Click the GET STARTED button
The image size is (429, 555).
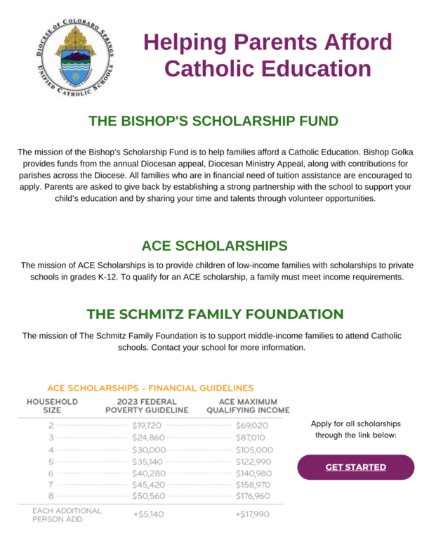[x=355, y=467]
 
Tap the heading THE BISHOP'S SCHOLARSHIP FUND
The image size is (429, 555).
[x=213, y=121]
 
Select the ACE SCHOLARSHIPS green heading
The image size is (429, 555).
[x=214, y=245]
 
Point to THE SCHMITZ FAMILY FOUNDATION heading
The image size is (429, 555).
[x=214, y=313]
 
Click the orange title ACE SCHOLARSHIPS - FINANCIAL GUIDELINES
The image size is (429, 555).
[x=150, y=388]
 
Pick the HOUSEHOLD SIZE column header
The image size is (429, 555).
[x=52, y=405]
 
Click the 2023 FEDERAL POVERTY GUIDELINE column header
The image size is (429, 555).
[x=147, y=405]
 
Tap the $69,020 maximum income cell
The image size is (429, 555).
[x=251, y=425]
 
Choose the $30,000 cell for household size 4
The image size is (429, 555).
[x=149, y=450]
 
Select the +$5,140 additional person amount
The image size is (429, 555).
[x=148, y=514]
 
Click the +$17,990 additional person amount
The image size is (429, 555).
[x=251, y=514]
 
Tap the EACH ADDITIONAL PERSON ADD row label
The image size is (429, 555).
[x=67, y=514]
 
